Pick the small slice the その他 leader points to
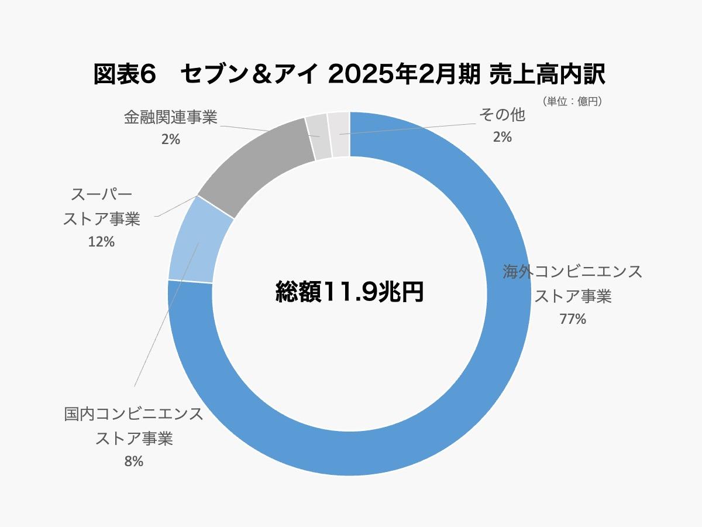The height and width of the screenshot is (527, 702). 339,134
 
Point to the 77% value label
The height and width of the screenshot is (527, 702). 573,319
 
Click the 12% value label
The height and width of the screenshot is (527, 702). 101,241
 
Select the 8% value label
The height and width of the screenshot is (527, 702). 133,461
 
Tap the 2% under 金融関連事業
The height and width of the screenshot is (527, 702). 170,139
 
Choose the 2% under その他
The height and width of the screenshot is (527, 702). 502,137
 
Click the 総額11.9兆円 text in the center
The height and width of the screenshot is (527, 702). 350,291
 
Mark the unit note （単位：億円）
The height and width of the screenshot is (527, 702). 572,101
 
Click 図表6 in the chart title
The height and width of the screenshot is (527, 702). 125,75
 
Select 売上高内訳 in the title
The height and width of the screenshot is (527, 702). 548,75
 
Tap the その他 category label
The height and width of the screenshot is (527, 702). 502,115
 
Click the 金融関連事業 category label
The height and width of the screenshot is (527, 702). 170,118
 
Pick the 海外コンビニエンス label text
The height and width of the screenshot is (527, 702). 573,272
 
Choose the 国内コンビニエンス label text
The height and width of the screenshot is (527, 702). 133,414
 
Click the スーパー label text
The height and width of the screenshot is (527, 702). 101,194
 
